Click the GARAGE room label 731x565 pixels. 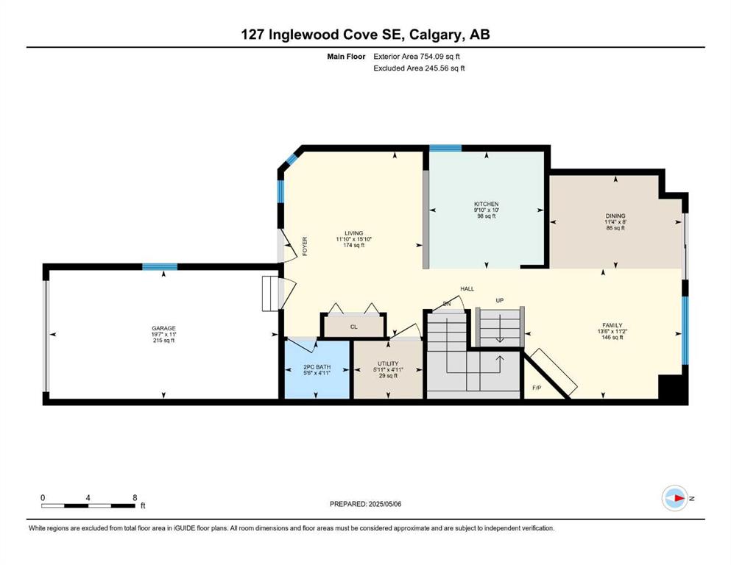click(163, 328)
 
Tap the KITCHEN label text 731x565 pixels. click(487, 204)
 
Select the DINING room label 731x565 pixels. click(615, 216)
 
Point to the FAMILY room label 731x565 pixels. click(612, 325)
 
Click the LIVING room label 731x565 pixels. click(354, 233)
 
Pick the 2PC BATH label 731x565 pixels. click(317, 367)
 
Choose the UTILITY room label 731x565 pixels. click(388, 363)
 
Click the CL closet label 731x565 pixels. click(354, 327)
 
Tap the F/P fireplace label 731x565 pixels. click(537, 388)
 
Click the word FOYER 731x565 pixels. click(305, 246)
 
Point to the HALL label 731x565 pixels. click(467, 289)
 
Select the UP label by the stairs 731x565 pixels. click(500, 300)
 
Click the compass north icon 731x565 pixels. click(674, 498)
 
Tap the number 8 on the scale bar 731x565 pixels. click(135, 497)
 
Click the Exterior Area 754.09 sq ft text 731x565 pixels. click(417, 57)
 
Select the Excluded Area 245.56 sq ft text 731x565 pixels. click(419, 68)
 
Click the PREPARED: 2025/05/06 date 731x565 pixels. click(365, 504)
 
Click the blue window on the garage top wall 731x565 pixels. click(160, 267)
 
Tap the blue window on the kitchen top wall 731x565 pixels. click(445, 149)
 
